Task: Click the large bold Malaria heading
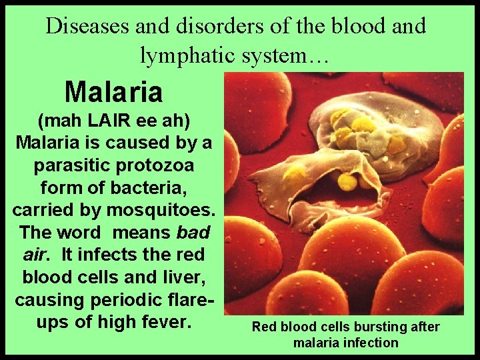click(x=114, y=92)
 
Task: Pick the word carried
click(x=42, y=210)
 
